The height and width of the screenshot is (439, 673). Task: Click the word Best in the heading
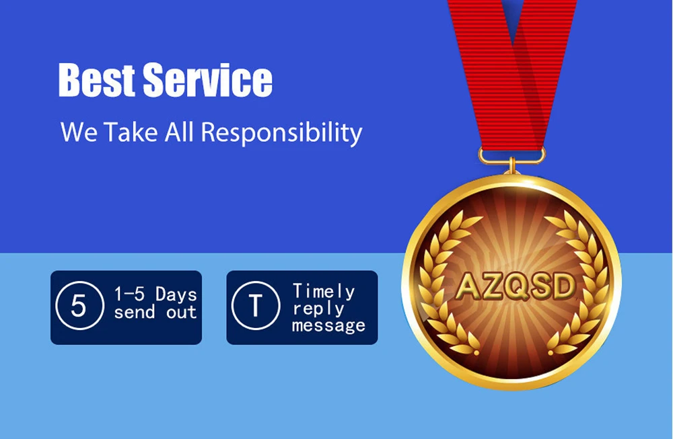pos(96,80)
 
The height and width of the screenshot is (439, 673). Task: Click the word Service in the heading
pos(208,80)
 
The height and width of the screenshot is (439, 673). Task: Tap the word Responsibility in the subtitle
pos(281,132)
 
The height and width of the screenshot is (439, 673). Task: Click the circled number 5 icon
pos(79,306)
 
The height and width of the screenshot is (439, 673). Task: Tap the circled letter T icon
pos(255,306)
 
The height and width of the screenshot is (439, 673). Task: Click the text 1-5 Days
pos(155,294)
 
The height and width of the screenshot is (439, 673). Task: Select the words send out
pos(155,313)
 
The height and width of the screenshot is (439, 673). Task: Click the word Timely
pos(324,292)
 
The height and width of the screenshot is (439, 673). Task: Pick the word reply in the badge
pos(318,309)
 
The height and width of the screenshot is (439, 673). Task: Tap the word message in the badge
pos(329,325)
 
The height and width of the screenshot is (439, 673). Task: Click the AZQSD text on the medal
pos(515,286)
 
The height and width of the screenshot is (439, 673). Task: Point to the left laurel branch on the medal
pos(446,283)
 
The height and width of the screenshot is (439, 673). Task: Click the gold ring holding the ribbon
pos(511,155)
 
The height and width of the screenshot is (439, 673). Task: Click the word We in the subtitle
pos(79,132)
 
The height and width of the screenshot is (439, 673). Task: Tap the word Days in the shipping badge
pos(176,294)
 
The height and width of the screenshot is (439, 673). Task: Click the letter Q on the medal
pos(516,286)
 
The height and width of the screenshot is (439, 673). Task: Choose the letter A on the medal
pos(467,286)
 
